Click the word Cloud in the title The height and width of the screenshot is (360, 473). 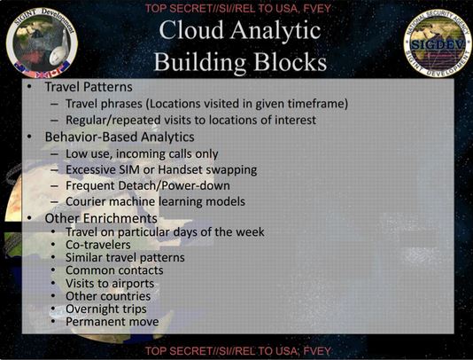(x=191, y=30)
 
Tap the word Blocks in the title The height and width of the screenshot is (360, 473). (x=290, y=62)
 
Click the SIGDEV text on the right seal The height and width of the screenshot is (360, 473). (x=438, y=45)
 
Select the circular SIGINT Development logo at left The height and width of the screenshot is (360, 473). (x=42, y=43)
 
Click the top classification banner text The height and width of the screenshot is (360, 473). (x=238, y=8)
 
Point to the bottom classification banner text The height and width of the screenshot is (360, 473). (x=238, y=351)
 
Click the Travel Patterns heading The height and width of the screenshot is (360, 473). (x=89, y=87)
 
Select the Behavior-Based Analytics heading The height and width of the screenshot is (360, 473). (x=120, y=137)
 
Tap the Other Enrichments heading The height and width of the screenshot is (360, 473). (x=101, y=218)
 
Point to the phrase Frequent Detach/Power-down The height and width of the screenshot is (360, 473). (x=148, y=185)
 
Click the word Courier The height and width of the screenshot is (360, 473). (x=86, y=201)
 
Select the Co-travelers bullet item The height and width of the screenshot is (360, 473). (x=98, y=245)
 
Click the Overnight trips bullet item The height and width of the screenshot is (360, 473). (x=106, y=309)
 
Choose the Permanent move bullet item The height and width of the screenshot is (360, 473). (x=112, y=322)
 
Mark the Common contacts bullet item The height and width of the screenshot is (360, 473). (x=114, y=270)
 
